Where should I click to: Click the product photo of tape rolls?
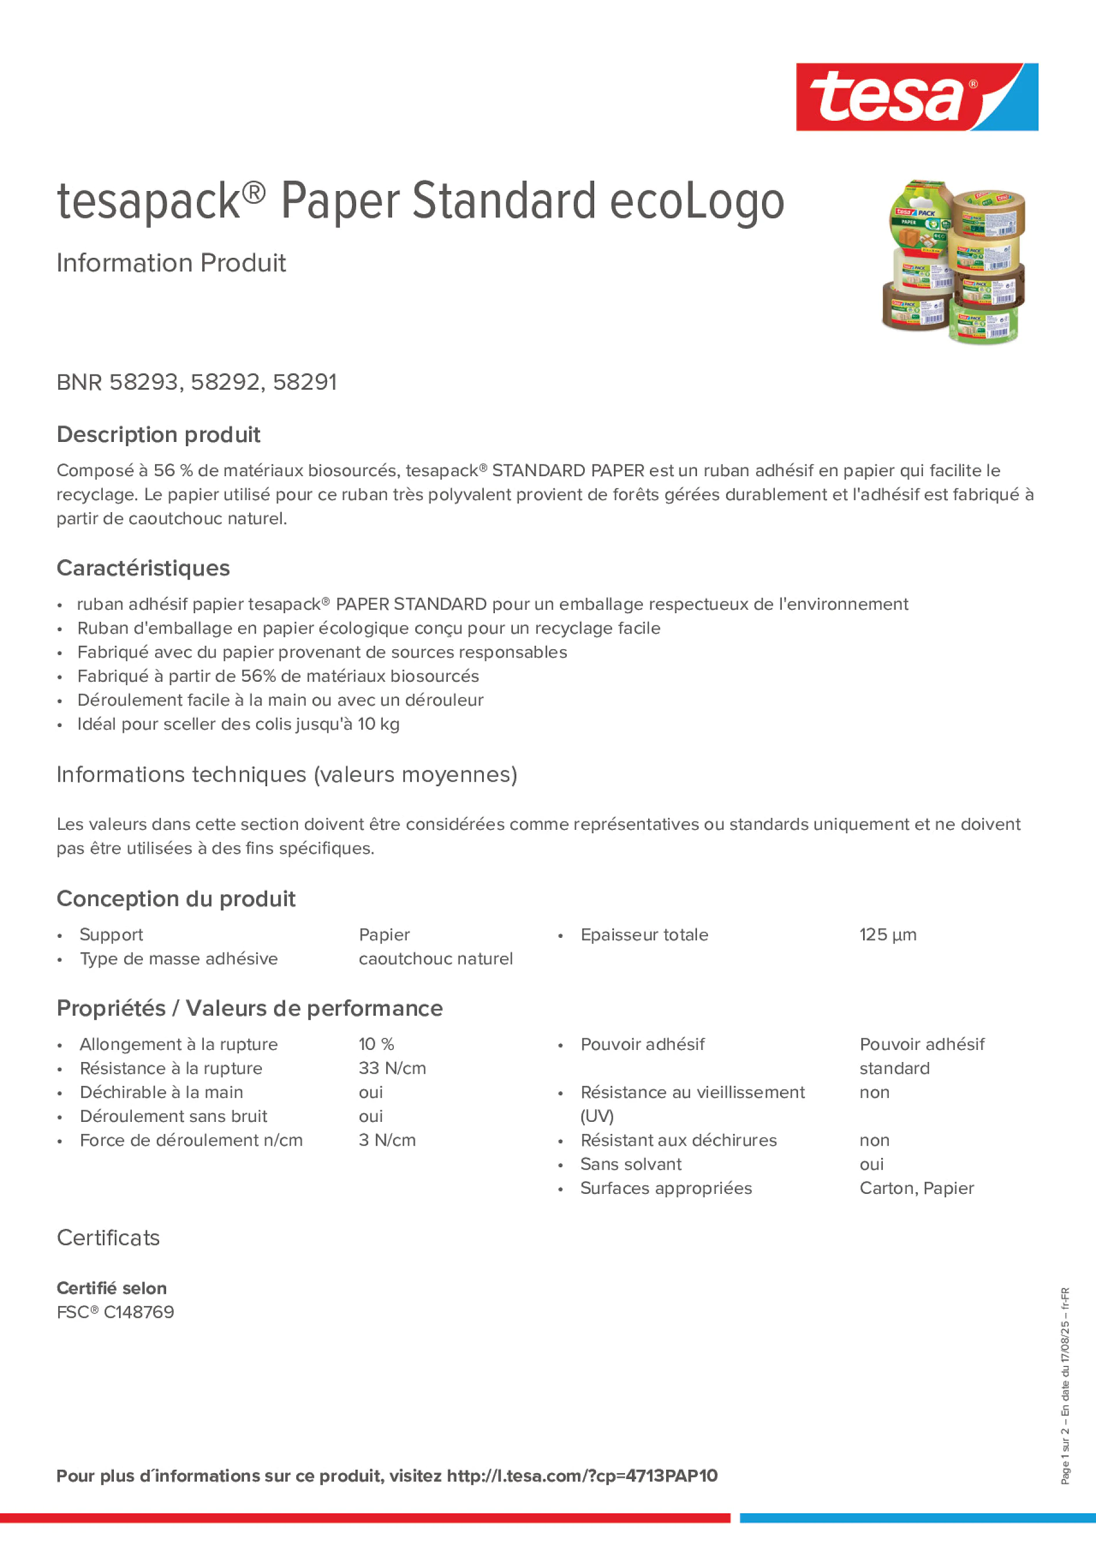pos(953,261)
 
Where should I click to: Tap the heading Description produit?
pos(158,434)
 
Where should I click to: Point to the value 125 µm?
pos(887,935)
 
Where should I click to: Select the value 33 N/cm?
pos(392,1068)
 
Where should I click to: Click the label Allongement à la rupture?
pos(178,1045)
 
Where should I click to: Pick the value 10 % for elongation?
pos(376,1045)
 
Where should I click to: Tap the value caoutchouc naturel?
pos(435,959)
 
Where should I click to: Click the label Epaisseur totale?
pos(644,935)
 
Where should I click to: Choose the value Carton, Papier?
pos(917,1188)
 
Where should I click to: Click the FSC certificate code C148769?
pos(138,1312)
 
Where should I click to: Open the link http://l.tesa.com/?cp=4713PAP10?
pos(582,1476)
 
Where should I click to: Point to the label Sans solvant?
pos(630,1164)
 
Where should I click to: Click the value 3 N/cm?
pos(386,1140)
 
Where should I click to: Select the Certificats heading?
pos(108,1238)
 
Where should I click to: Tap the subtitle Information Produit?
pos(171,263)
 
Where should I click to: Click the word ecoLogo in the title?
pos(696,201)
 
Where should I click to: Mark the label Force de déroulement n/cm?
pos(191,1140)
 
